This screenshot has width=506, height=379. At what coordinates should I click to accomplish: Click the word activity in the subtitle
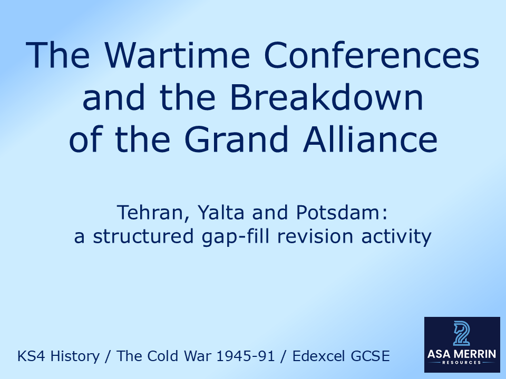click(396, 237)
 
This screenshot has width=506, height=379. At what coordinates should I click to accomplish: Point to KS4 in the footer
click(29, 356)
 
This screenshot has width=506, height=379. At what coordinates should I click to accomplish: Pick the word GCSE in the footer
click(373, 356)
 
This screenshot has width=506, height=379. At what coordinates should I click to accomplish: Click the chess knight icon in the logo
click(462, 334)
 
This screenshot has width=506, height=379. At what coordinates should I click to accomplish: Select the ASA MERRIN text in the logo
click(462, 354)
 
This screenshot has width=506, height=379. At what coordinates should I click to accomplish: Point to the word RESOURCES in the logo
click(462, 364)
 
